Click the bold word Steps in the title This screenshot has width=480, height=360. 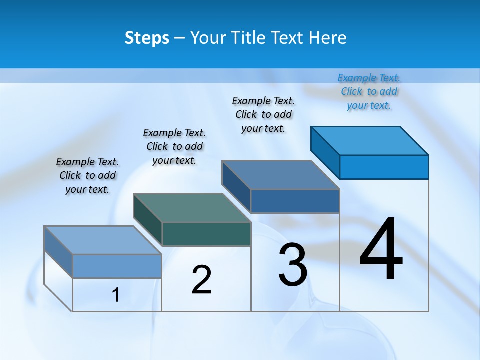pos(147,38)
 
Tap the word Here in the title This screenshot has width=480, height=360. pos(328,38)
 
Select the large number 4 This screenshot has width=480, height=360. pos(381,249)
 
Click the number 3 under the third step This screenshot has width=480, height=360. pos(293,265)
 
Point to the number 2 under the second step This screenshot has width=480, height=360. pos(201,280)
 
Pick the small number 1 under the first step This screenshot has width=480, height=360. pos(116,295)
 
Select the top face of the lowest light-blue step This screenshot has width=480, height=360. pos(103,240)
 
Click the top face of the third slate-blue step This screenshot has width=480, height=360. pos(281,175)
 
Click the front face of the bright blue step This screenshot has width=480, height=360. pos(384,167)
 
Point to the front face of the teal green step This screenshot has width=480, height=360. pos(206,234)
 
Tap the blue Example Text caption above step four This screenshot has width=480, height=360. pos(369,91)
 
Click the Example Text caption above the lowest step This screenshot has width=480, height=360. pos(87,175)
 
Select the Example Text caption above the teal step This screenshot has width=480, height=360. pos(174,146)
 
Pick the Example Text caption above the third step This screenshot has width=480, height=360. pos(263,114)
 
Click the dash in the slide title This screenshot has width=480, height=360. pos(179,38)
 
